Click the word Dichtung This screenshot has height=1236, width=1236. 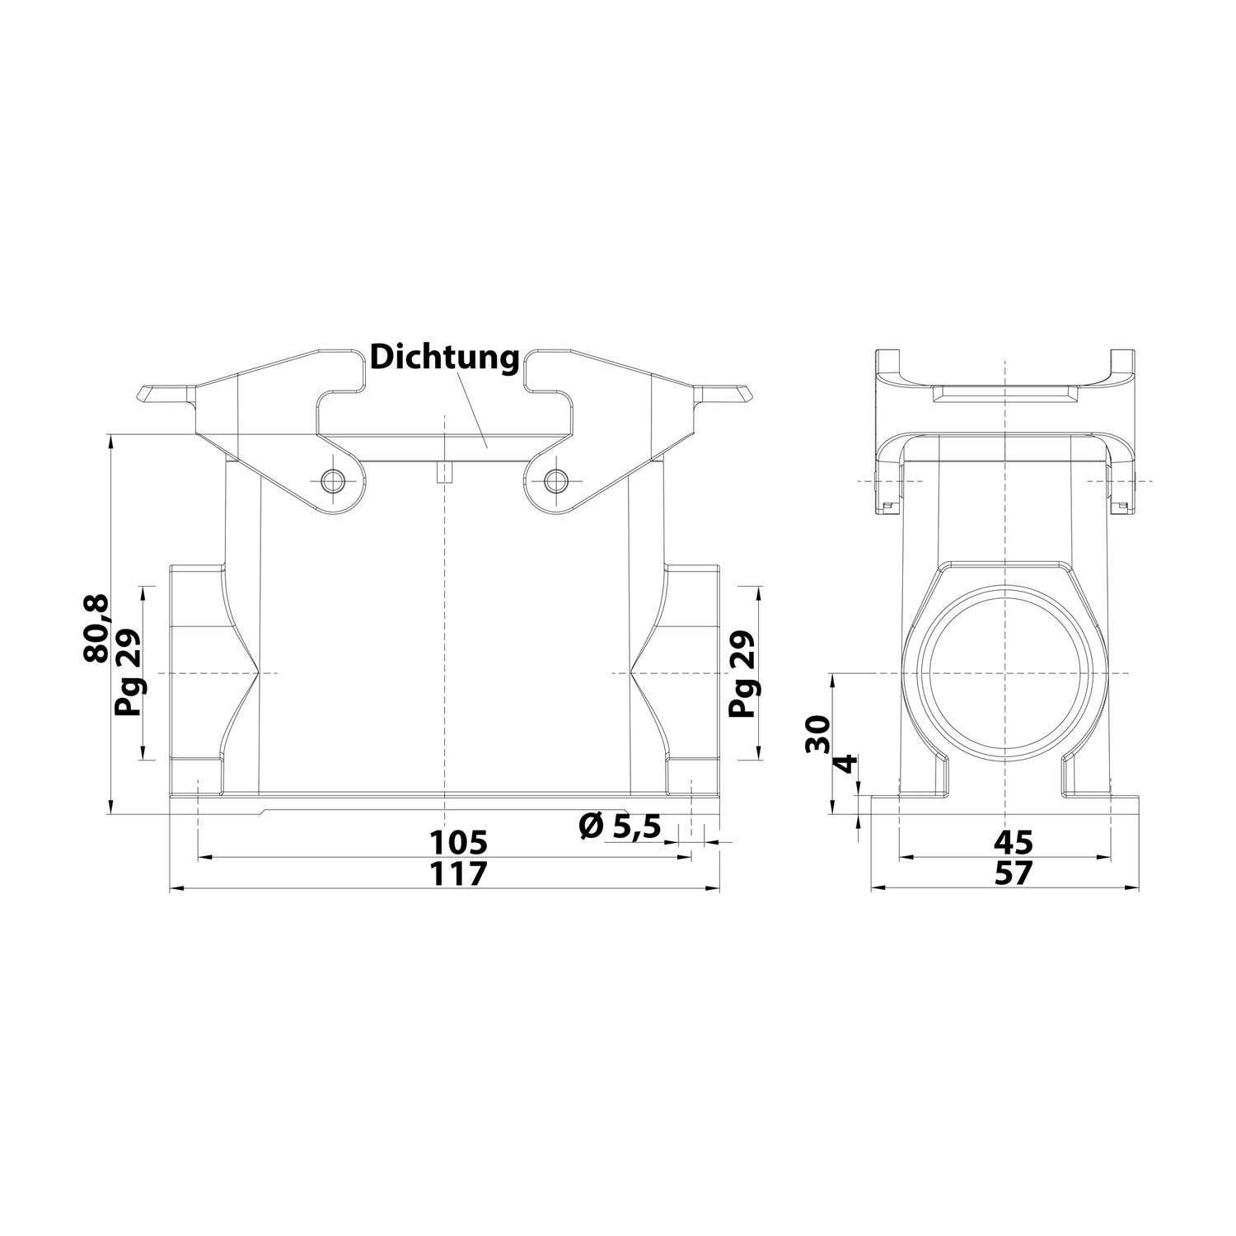(x=444, y=358)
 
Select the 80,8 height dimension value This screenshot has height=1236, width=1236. (x=96, y=630)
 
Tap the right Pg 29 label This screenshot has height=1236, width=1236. (x=744, y=674)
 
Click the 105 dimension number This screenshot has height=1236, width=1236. (x=460, y=842)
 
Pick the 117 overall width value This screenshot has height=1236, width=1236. (x=460, y=873)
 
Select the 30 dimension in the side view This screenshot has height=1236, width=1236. (x=818, y=733)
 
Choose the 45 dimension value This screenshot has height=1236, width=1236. (x=1013, y=842)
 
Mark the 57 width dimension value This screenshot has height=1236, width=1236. (x=1013, y=873)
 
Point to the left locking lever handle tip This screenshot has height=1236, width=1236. (x=152, y=394)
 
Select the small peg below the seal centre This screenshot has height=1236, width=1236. (x=444, y=472)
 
